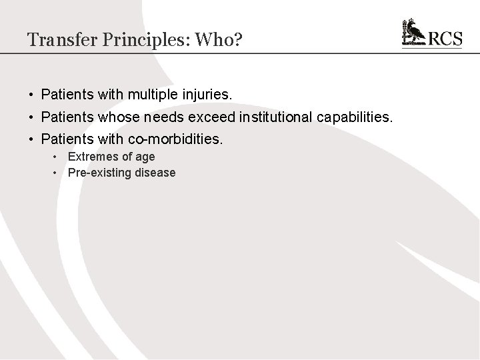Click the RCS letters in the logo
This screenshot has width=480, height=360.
coord(445,39)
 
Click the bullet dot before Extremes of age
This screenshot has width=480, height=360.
coord(57,157)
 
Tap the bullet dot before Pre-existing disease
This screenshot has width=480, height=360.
coord(57,173)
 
